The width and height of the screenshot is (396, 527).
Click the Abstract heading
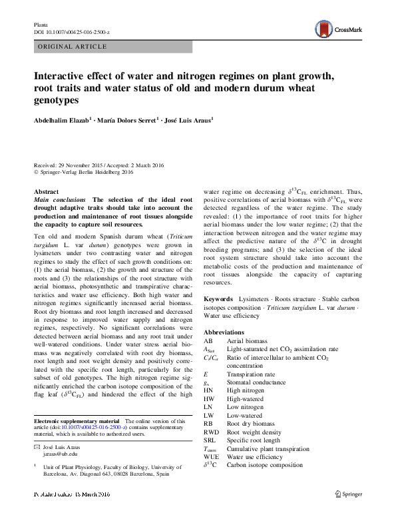pyautogui.click(x=46, y=191)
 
